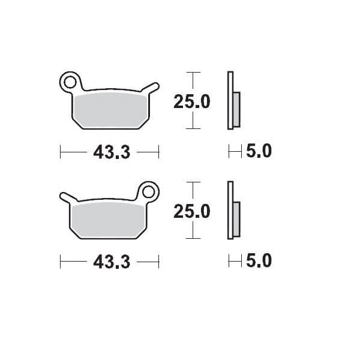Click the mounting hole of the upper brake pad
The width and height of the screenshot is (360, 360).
(70, 81)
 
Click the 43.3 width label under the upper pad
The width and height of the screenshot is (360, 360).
(112, 152)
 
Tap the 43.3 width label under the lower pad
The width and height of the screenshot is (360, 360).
(112, 262)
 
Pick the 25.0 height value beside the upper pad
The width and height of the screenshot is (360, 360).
(192, 102)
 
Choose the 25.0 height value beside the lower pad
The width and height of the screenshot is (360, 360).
(192, 212)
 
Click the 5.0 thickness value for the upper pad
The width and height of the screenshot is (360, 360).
(259, 152)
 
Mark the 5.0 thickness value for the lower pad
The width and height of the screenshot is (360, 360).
(259, 261)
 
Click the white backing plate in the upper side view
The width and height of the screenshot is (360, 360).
(229, 101)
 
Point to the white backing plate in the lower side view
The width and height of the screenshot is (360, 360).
(229, 211)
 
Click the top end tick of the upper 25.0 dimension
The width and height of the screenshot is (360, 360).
(192, 73)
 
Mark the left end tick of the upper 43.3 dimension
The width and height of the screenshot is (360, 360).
(61, 152)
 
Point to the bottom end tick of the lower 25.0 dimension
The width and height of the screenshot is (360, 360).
(192, 238)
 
